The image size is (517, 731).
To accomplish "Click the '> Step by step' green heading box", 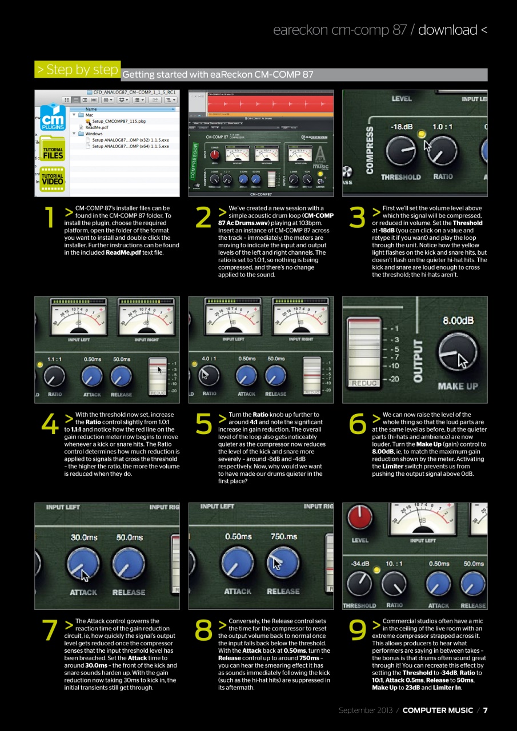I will pyautogui.click(x=77, y=70).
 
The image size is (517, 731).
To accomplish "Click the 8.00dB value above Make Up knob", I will pyautogui.click(x=458, y=320).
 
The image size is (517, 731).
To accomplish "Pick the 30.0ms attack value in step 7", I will pyautogui.click(x=83, y=537).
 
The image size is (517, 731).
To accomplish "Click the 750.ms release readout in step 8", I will pyautogui.click(x=283, y=537).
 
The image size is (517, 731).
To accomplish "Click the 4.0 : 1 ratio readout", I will pyautogui.click(x=207, y=359).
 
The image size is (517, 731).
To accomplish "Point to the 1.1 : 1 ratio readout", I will pyautogui.click(x=54, y=359).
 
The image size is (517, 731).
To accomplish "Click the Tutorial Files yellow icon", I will pyautogui.click(x=53, y=152).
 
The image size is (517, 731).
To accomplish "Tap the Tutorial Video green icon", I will pyautogui.click(x=53, y=179).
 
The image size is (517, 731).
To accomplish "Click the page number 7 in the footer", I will pyautogui.click(x=485, y=710).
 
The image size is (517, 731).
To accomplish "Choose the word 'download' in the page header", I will pyautogui.click(x=447, y=30).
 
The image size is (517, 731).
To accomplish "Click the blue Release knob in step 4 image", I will pyautogui.click(x=121, y=376).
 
